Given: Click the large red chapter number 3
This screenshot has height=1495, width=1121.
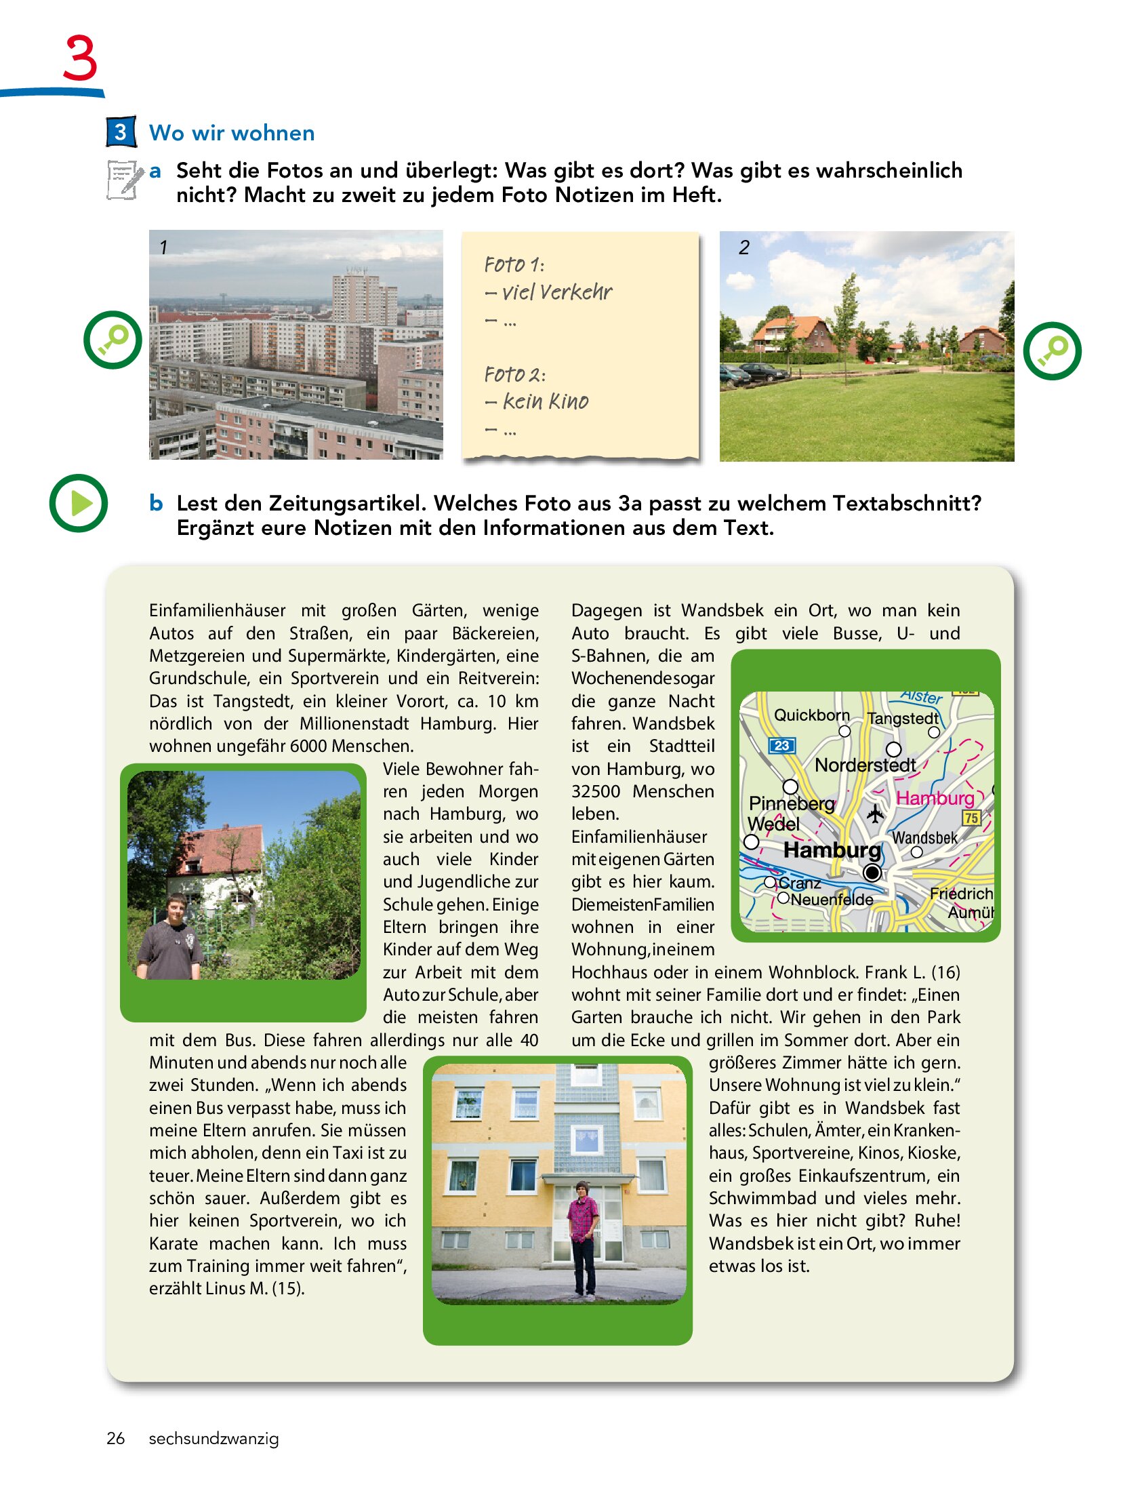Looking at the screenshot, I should point(80,58).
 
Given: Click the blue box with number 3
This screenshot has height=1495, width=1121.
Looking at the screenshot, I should point(121,132).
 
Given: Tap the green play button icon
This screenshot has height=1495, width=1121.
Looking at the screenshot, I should point(79,503).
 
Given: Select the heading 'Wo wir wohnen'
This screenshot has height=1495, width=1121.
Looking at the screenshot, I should point(232,133).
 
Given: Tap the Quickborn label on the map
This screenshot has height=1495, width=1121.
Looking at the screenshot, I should point(811,715).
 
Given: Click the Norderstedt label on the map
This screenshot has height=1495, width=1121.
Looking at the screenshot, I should point(865,765).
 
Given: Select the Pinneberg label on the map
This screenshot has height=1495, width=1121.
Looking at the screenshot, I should point(791,803).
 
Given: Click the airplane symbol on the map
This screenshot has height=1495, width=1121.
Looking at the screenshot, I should point(876,813).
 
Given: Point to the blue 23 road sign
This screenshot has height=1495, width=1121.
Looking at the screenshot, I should point(781,745).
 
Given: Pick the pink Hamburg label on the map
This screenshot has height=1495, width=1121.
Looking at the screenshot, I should point(935,798).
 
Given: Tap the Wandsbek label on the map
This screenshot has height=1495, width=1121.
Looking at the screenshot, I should point(924,838).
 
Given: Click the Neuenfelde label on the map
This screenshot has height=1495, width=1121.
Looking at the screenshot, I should point(832,900).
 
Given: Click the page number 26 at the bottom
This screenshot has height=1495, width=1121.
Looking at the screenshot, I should point(115,1438).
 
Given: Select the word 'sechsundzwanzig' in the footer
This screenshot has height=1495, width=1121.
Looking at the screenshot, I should point(213,1438).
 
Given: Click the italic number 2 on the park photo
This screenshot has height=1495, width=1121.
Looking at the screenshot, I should point(744,247).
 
